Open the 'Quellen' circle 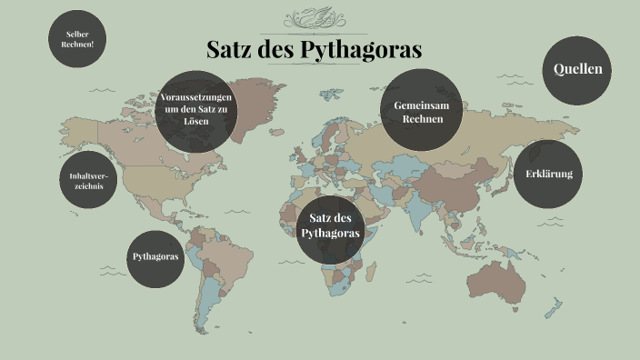pos(577,70)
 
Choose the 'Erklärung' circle pos(548,174)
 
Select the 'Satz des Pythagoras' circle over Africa pos(330,227)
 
